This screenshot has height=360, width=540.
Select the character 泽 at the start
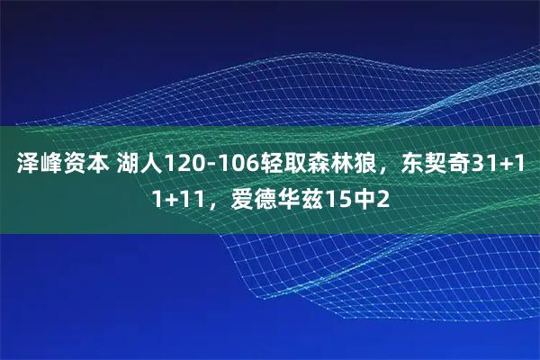click(27, 166)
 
